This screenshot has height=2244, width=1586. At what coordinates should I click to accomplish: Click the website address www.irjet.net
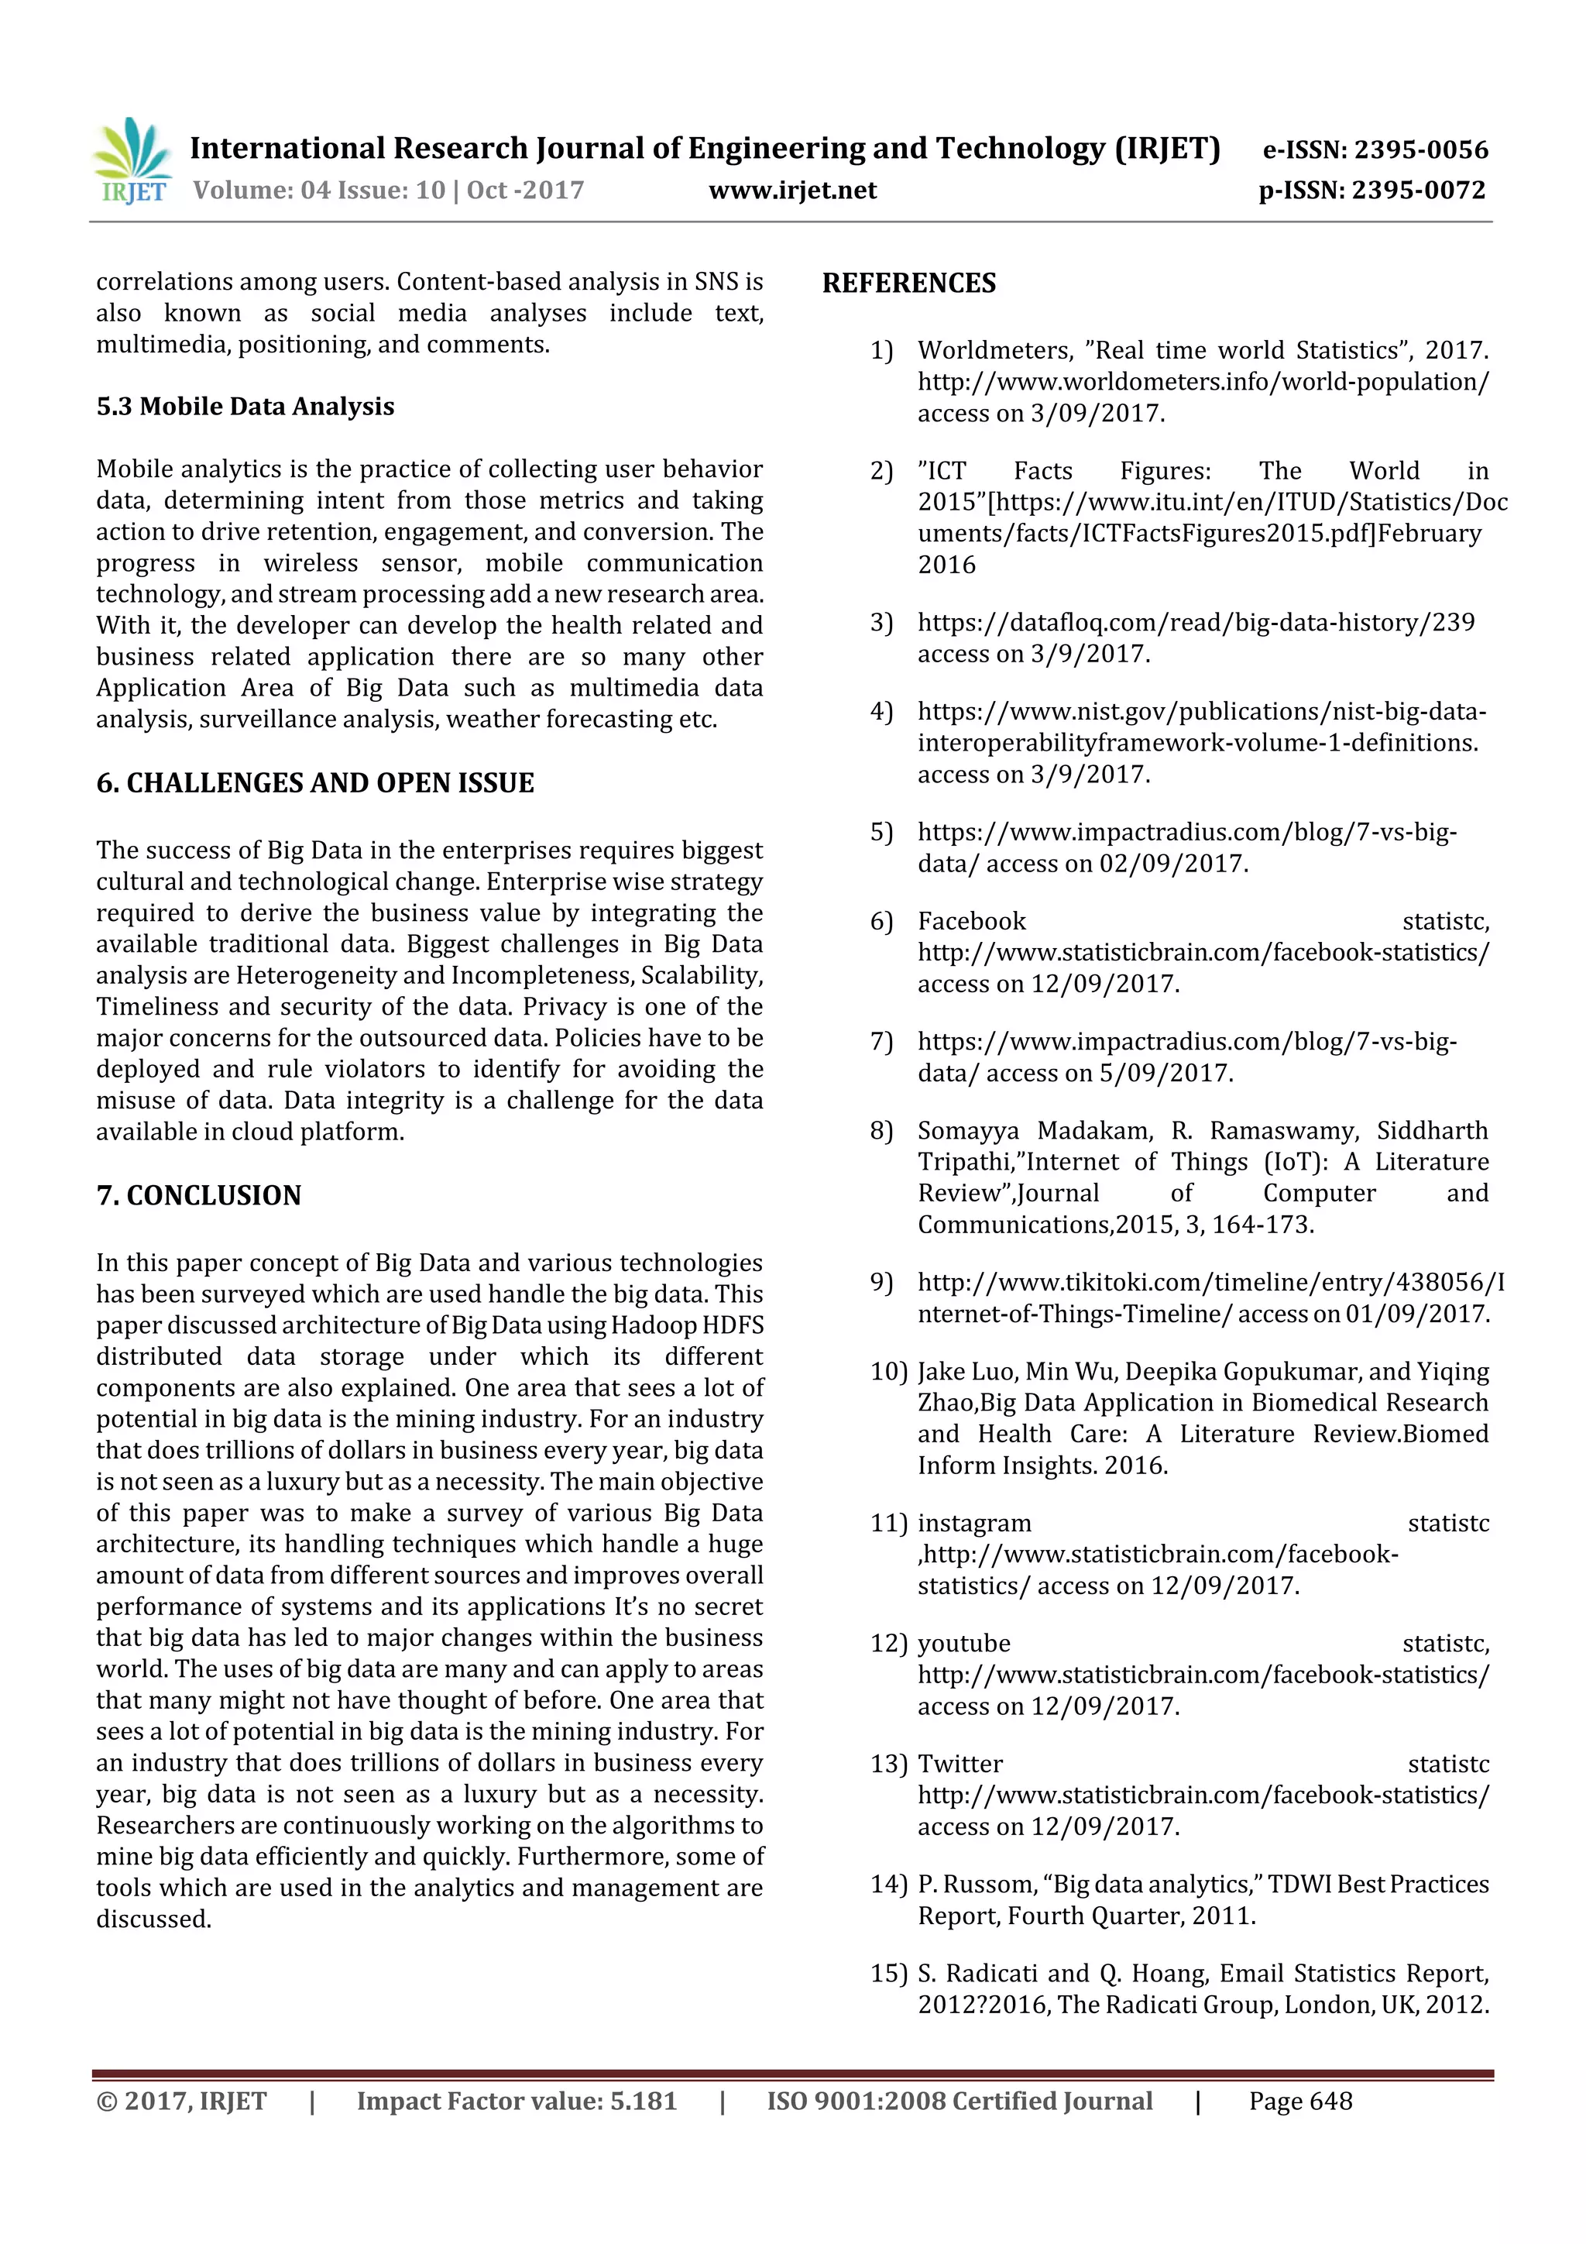click(791, 191)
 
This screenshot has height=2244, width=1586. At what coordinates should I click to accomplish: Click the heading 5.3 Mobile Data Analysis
click(245, 407)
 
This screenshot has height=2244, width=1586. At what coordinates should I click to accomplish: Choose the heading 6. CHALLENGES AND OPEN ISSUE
click(314, 783)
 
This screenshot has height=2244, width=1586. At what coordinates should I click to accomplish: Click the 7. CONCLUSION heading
click(198, 1195)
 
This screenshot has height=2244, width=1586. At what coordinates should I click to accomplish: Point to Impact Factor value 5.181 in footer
click(516, 2101)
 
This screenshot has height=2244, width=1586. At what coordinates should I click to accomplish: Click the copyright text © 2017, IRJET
click(180, 2101)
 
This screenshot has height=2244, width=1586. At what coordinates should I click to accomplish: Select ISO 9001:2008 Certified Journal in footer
click(959, 2101)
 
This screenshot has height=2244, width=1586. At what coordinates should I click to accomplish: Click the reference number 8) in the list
click(881, 1131)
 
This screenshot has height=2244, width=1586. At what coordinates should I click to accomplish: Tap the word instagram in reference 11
click(973, 1523)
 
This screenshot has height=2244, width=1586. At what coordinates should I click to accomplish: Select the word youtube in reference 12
click(963, 1644)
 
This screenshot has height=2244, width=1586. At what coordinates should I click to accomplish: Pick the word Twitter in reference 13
click(959, 1764)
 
